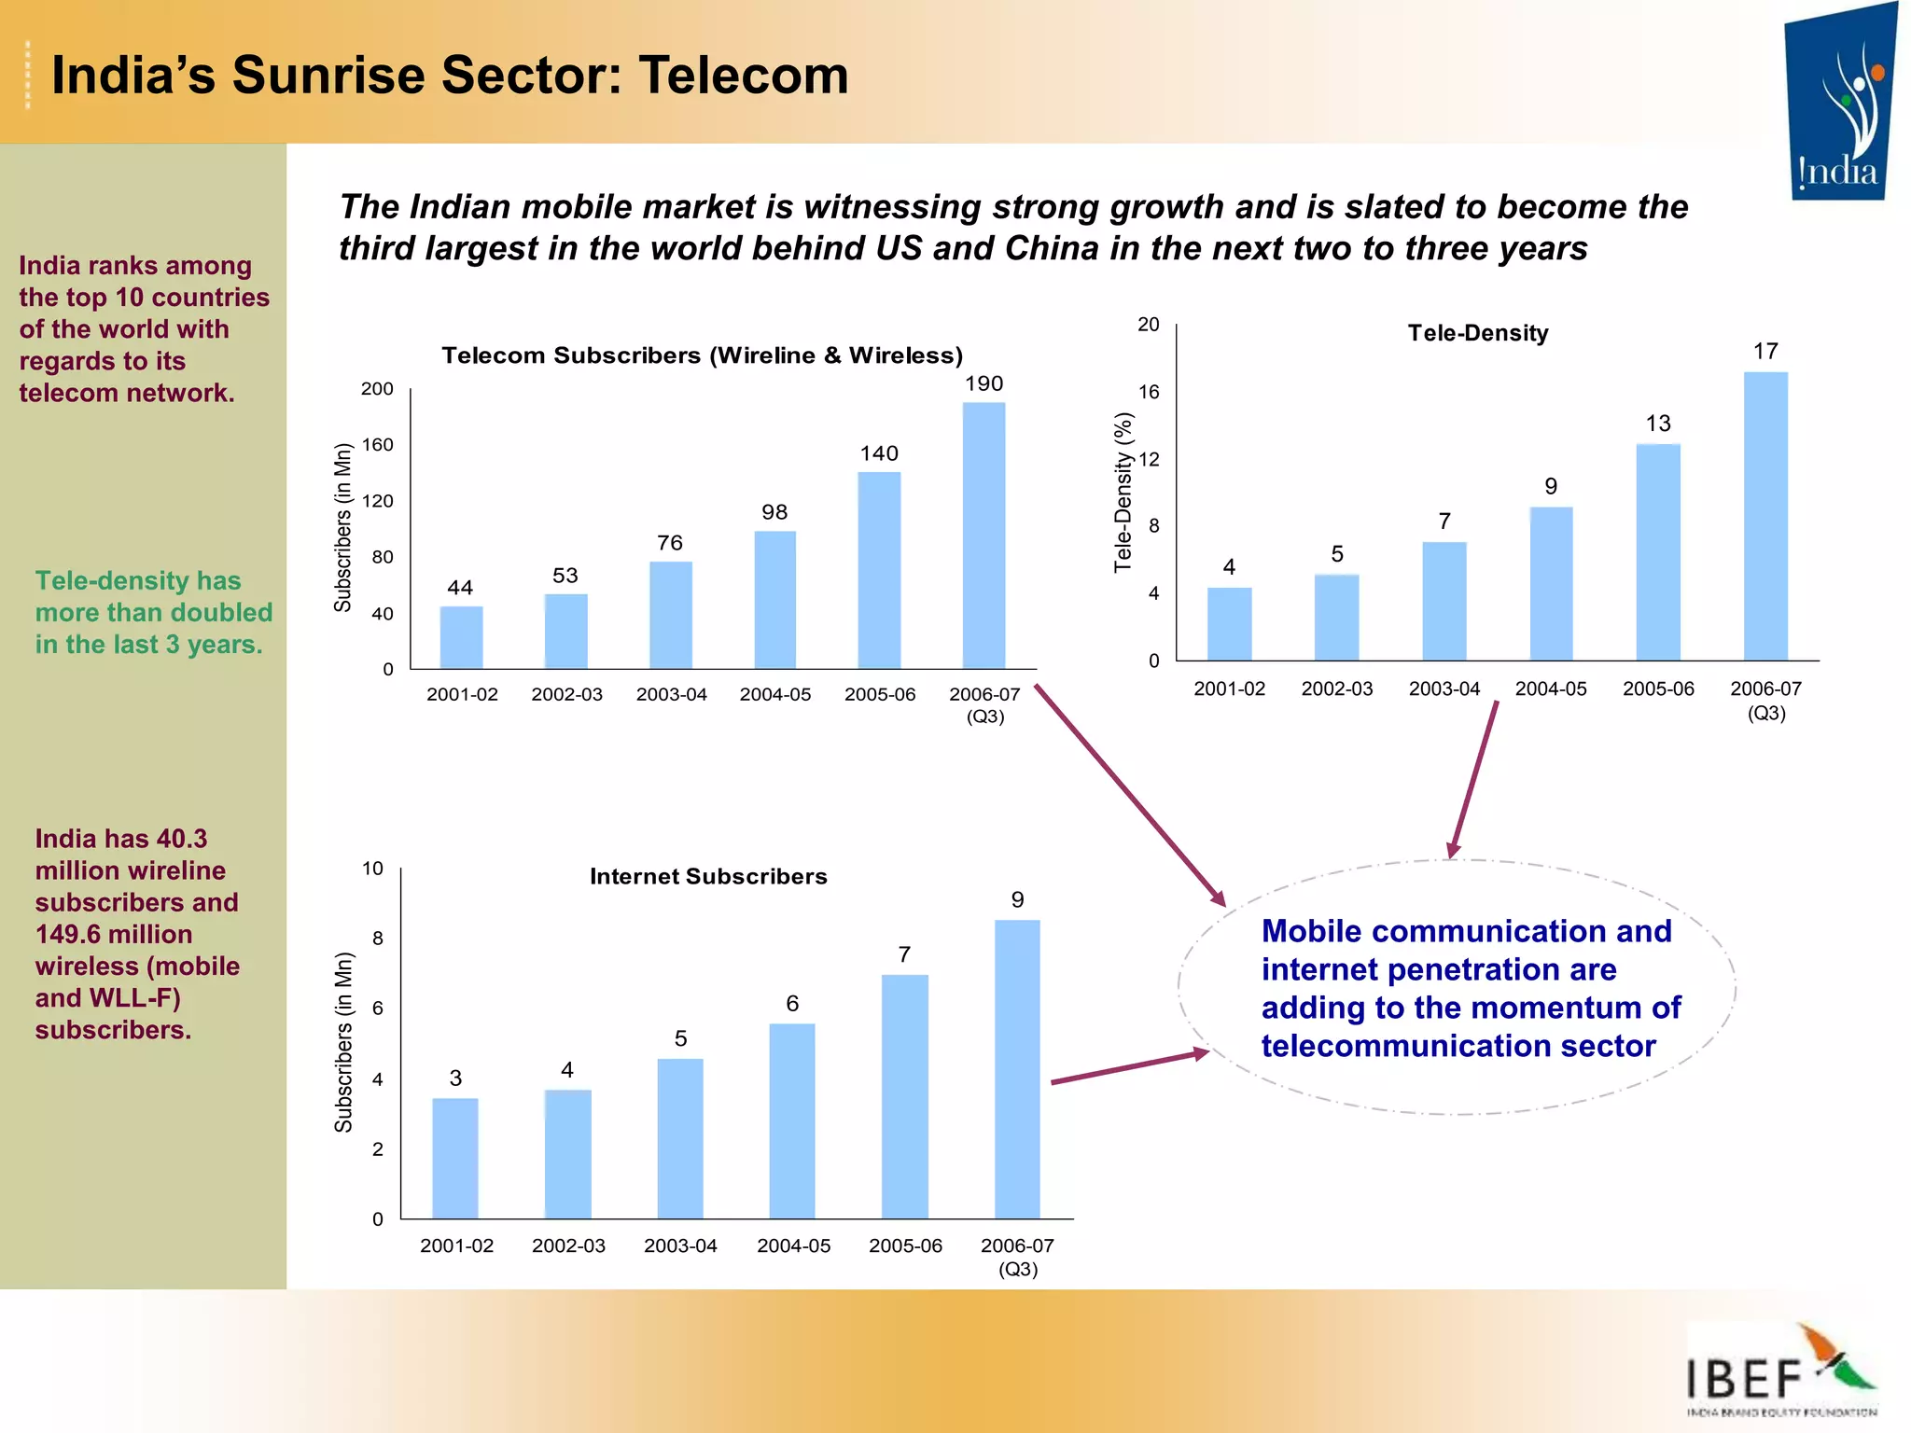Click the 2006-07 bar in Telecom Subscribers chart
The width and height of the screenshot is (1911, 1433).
click(x=983, y=536)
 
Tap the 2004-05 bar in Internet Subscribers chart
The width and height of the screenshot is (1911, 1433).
click(x=792, y=1120)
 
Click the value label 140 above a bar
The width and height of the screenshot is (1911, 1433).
click(x=879, y=453)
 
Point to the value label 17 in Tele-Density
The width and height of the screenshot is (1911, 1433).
click(x=1765, y=352)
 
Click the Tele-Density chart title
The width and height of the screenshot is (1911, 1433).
click(x=1478, y=333)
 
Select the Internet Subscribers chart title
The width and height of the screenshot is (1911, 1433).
click(x=708, y=876)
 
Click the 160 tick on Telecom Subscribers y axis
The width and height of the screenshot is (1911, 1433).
click(x=378, y=445)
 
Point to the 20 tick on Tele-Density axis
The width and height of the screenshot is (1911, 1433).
click(x=1148, y=325)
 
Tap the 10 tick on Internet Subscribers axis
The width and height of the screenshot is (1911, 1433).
click(x=372, y=869)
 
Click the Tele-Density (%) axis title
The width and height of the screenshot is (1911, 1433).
click(x=1123, y=492)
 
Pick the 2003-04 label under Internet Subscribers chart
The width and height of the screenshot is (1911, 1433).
click(x=680, y=1245)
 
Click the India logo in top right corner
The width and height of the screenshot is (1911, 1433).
click(x=1838, y=103)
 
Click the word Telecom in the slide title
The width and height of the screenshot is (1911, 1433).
click(x=744, y=75)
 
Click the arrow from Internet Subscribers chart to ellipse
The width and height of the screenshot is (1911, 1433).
click(x=1129, y=1067)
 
